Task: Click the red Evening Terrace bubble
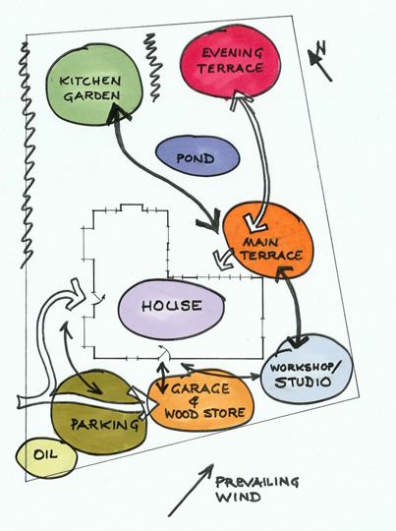231,64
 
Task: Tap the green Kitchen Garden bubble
93,89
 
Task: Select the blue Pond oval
198,156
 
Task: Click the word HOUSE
172,306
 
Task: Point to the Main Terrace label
271,249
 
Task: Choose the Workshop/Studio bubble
307,369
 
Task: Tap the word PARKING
105,425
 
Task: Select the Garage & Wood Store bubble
200,400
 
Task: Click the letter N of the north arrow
321,48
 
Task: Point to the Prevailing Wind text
257,490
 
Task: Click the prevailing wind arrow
191,490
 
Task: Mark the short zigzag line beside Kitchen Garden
153,68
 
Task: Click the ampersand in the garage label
195,401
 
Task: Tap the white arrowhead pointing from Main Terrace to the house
223,260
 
